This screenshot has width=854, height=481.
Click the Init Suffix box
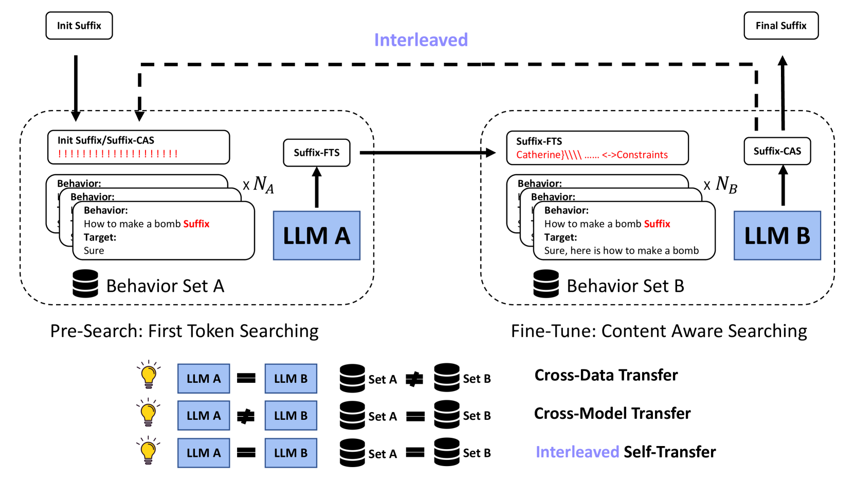79,26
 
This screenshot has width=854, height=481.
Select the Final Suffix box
780,26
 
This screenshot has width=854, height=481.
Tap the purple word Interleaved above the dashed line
421,40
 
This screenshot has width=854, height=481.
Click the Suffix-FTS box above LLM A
317,153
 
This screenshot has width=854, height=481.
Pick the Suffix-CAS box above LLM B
777,151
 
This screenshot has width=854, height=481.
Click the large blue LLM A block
316,235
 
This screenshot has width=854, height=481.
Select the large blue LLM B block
777,235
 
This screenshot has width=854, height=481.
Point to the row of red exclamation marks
118,154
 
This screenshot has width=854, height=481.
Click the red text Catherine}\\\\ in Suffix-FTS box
549,155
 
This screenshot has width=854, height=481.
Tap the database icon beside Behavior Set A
85,284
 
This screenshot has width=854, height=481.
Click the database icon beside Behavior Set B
546,284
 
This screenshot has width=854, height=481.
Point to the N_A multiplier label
260,184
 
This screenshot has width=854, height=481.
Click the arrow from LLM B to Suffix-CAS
783,186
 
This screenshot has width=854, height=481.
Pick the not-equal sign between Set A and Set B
414,379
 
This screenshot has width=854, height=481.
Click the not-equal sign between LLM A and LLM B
246,416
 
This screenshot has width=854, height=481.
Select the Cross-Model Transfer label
612,413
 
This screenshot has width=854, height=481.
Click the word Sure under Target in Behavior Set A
94,251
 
